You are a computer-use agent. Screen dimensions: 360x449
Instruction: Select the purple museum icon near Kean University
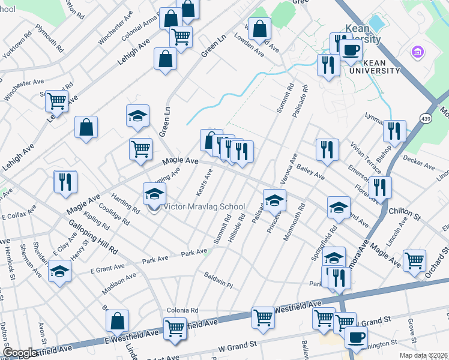click(x=416, y=52)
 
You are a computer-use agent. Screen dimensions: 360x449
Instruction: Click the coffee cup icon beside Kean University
click(x=352, y=50)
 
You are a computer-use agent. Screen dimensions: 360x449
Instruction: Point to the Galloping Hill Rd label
click(x=92, y=234)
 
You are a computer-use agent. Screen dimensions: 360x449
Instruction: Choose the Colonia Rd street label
click(x=183, y=310)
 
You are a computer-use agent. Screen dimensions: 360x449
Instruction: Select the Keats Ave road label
click(x=205, y=182)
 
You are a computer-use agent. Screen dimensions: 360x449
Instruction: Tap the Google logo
click(x=20, y=353)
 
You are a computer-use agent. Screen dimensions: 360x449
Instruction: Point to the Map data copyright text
click(x=423, y=355)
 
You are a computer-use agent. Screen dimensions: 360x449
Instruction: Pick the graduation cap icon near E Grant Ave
click(x=59, y=271)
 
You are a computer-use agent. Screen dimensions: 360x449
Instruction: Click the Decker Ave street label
click(x=419, y=161)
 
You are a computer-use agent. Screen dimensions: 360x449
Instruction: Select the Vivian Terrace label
click(x=365, y=156)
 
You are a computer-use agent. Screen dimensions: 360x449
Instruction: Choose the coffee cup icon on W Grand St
click(x=357, y=338)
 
